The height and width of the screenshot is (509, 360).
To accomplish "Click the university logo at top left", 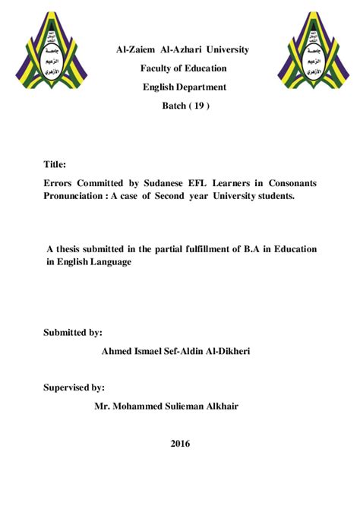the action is point(51,50).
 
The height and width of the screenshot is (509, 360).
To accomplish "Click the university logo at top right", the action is point(309,50).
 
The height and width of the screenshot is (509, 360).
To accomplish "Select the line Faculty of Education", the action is point(182,68).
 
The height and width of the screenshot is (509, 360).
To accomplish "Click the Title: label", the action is point(55,164).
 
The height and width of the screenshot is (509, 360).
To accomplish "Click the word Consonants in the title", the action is point(289,183).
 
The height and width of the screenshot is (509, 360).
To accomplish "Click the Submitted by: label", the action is point(73,332).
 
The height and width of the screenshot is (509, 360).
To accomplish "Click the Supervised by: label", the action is point(74,387).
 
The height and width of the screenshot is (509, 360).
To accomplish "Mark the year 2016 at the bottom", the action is point(180,443).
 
